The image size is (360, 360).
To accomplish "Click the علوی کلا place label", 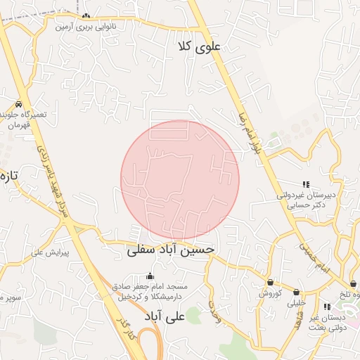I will [200, 46].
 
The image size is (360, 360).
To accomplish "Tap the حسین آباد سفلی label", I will [170, 250].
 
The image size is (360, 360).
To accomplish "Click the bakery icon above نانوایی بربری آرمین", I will [86, 16].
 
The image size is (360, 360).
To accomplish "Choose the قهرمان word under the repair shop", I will [21, 125].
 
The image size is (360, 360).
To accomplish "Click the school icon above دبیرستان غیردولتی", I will [305, 184].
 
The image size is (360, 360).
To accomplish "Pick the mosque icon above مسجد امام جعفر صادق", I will [149, 276].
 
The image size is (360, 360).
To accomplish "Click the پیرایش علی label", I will [54, 252].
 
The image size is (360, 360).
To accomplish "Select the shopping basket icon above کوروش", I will [270, 283].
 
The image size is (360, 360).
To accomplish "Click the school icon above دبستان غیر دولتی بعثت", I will [326, 307].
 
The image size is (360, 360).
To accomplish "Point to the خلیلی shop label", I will [296, 304].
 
